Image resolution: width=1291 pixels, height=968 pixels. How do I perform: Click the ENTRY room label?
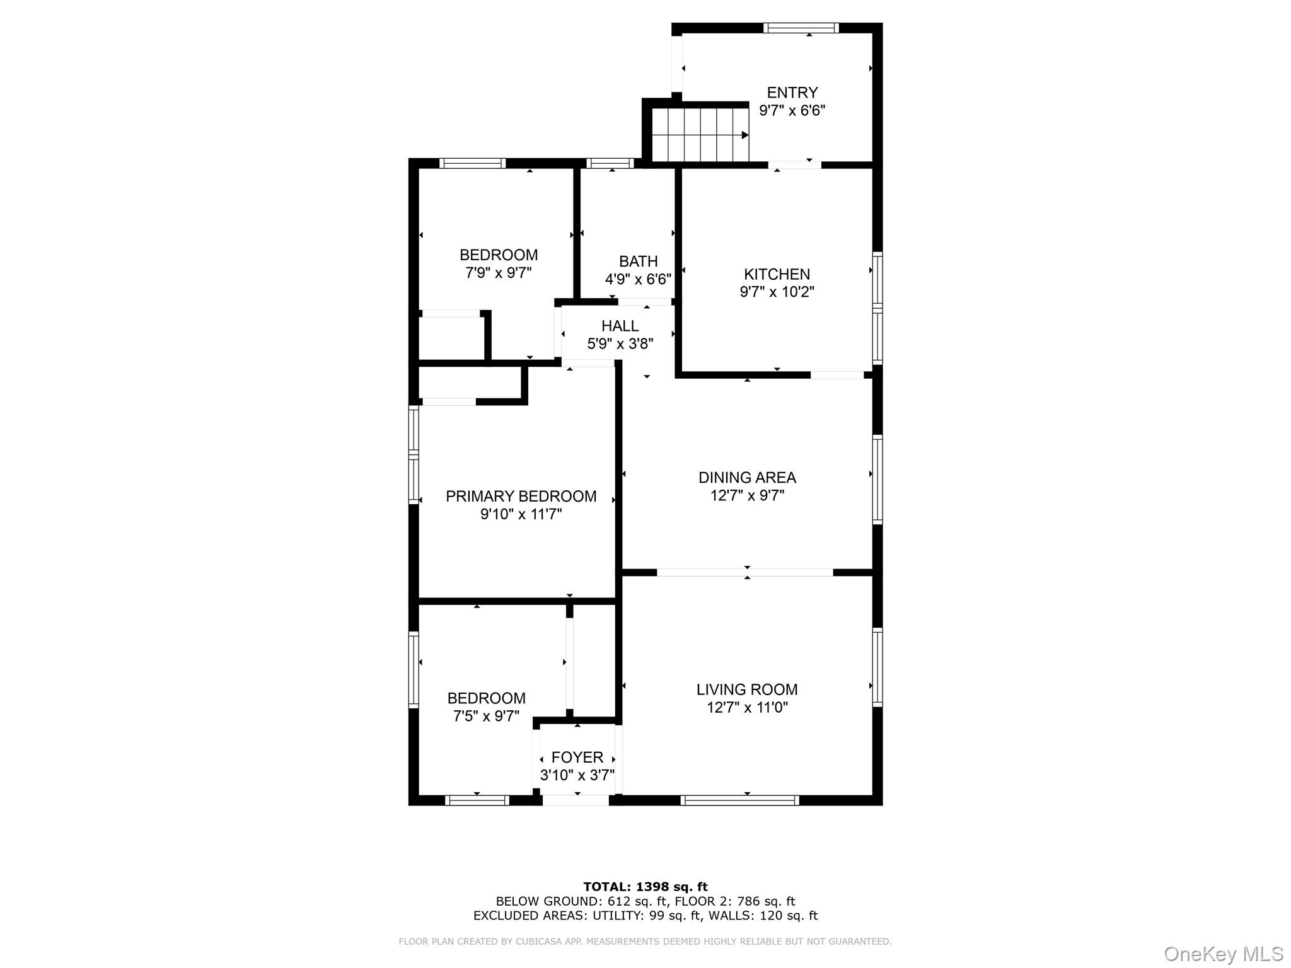792,93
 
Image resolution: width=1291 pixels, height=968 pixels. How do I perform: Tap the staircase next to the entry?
699,134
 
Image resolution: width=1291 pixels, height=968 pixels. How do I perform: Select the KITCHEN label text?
777,274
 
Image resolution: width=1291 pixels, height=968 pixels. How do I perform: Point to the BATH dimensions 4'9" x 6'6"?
638,279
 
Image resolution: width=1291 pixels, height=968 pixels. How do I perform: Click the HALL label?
620,326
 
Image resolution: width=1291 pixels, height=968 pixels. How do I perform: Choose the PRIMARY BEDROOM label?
521,497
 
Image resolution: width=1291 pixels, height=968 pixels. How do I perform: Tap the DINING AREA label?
747,478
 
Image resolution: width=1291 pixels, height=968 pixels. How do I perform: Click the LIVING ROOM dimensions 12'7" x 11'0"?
747,708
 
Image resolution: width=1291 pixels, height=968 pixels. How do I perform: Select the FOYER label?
577,758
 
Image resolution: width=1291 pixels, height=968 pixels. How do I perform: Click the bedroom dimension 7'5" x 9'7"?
486,717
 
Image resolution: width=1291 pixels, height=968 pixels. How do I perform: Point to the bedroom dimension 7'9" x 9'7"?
498,273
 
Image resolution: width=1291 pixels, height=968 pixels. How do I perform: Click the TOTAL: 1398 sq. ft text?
645,887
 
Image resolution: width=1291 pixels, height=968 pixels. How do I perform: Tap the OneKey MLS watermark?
1223,954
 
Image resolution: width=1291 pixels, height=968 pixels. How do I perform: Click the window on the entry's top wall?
801,28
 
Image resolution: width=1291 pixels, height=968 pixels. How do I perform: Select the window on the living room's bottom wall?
739,800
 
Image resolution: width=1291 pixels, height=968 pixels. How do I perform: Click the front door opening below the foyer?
576,800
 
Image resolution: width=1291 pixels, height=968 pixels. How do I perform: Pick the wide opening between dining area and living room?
744,572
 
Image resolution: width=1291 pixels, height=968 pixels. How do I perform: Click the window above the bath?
610,163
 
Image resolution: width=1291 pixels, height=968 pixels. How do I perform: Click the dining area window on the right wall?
877,479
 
